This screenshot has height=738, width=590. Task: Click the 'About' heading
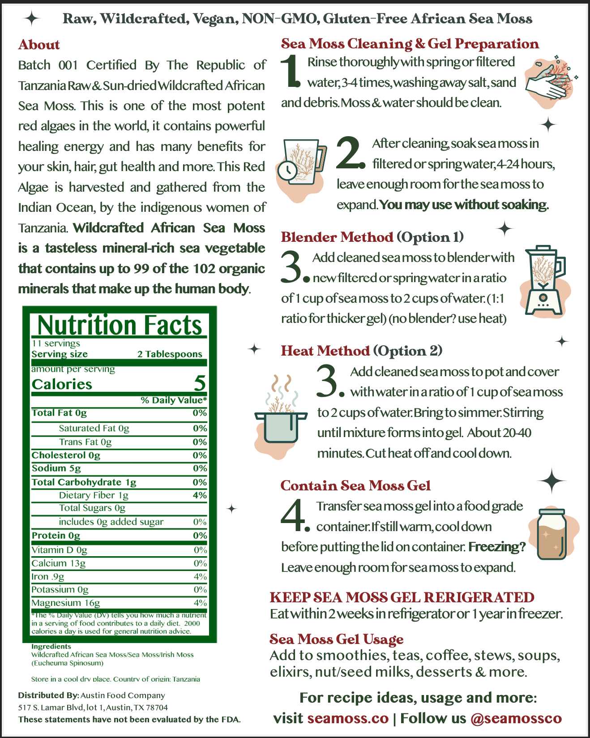pyautogui.click(x=39, y=45)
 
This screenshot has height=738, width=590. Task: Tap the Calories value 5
pyautogui.click(x=200, y=383)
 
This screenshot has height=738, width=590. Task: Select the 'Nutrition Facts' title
pyautogui.click(x=120, y=325)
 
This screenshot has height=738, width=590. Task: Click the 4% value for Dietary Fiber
pyautogui.click(x=200, y=495)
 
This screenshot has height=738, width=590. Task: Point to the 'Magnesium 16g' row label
pyautogui.click(x=65, y=603)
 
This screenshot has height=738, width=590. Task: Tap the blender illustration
pyautogui.click(x=544, y=281)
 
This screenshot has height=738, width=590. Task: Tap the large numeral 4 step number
pyautogui.click(x=293, y=516)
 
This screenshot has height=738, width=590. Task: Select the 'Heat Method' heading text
pyautogui.click(x=325, y=351)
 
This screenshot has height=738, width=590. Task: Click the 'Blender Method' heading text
pyautogui.click(x=337, y=237)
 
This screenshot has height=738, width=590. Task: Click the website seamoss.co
pyautogui.click(x=348, y=718)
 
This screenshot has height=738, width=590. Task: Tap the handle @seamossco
pyautogui.click(x=516, y=718)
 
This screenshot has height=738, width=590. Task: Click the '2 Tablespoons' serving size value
pyautogui.click(x=170, y=354)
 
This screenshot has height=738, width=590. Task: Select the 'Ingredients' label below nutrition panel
pyautogui.click(x=51, y=646)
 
